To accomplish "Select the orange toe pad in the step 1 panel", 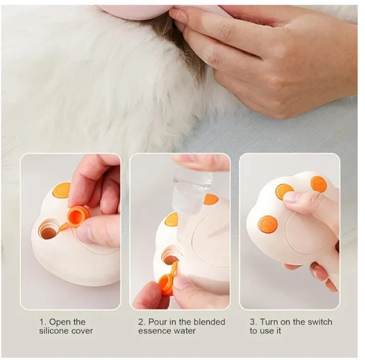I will (61, 190).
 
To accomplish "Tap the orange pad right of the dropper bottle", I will (211, 199).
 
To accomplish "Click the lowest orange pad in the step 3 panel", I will (268, 224).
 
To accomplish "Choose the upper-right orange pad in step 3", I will (319, 184).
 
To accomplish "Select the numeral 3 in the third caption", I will (252, 321).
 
